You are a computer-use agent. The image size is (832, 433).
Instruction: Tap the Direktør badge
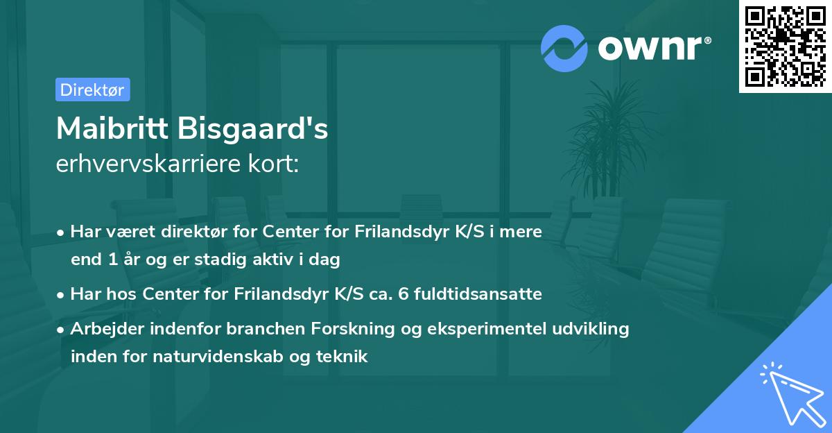pos(92,90)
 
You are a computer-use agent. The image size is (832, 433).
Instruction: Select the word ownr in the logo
pos(654,49)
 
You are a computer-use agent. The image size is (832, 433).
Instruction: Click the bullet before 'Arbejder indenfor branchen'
pos(62,330)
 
